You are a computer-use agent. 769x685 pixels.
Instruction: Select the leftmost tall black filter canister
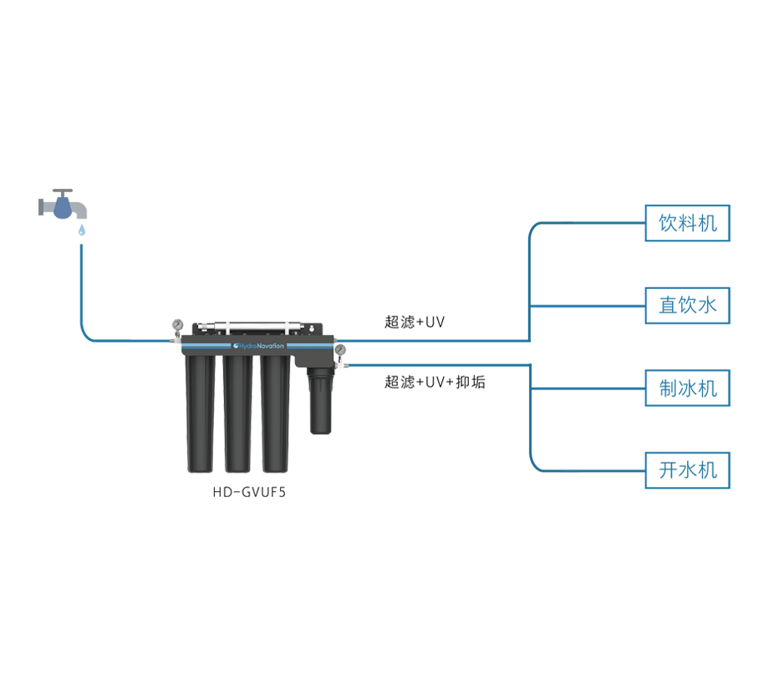203,414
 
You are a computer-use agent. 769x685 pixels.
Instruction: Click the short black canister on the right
320,399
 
